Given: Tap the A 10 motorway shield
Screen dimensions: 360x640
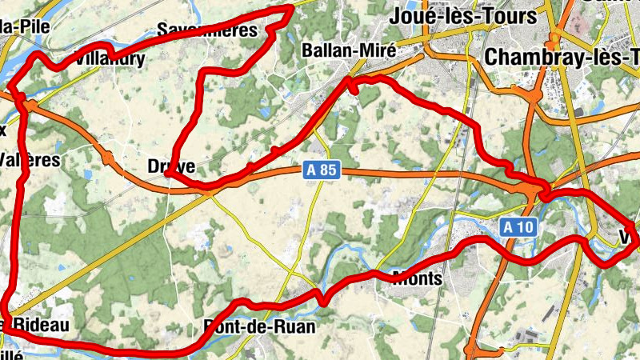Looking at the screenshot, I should [518, 227].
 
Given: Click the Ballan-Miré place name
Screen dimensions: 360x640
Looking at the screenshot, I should [349, 50].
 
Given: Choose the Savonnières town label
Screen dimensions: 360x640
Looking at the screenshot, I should [207, 30].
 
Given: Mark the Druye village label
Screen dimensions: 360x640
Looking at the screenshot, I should [166, 166].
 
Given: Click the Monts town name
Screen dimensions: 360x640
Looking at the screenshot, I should [418, 278].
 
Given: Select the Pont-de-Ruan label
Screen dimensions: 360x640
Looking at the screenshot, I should [259, 326].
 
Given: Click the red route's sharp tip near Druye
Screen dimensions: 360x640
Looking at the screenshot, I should [170, 174].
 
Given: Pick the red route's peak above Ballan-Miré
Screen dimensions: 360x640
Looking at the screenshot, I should [291, 8].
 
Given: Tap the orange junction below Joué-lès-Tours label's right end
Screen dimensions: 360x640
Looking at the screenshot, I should [554, 37].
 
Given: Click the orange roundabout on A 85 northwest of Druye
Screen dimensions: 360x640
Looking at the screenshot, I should [108, 158].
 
